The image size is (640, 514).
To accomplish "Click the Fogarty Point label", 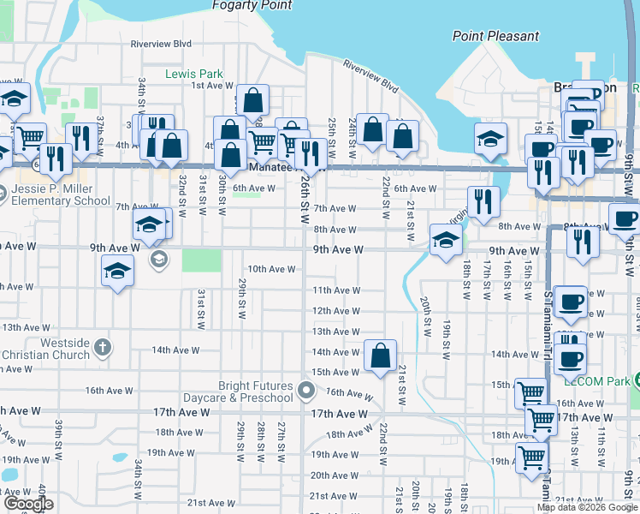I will click(252, 5).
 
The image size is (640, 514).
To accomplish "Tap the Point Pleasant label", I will click(496, 36).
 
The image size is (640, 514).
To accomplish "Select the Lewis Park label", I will click(194, 74).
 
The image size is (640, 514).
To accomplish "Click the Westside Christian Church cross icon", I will click(102, 348).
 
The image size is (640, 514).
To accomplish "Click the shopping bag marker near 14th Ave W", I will click(380, 355).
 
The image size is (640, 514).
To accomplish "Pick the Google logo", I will click(27, 504).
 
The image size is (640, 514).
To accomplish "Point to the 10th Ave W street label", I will click(271, 269).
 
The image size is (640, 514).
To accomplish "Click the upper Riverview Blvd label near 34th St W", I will click(161, 44).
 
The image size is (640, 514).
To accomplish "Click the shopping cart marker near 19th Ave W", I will click(531, 458).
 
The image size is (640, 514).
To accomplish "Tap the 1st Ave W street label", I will click(207, 85).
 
